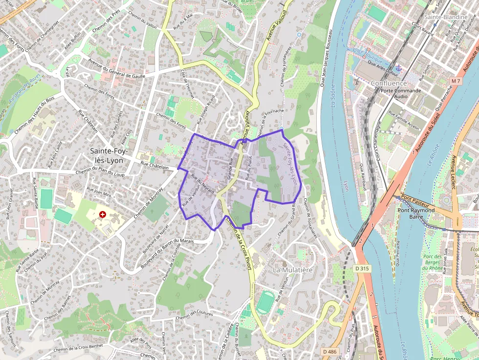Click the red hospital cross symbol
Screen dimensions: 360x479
pyautogui.click(x=103, y=214)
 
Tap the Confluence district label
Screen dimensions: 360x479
pyautogui.click(x=389, y=83)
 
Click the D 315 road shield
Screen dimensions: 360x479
pyautogui.click(x=361, y=269)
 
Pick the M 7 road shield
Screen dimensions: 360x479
pyautogui.click(x=457, y=81)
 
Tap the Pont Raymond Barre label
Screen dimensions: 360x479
pyautogui.click(x=416, y=213)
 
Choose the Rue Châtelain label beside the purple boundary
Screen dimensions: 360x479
pyautogui.click(x=157, y=167)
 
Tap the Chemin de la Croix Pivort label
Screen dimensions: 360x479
pyautogui.click(x=239, y=238)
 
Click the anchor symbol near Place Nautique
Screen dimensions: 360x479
pyautogui.click(x=399, y=67)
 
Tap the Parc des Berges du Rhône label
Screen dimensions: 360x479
pyautogui.click(x=433, y=262)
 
